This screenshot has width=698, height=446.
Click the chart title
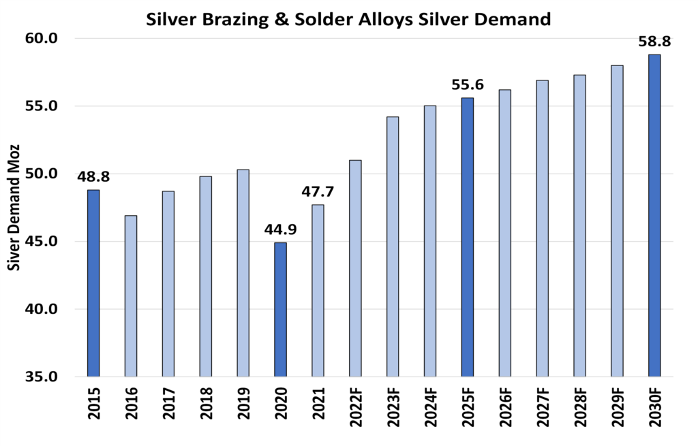coord(348,20)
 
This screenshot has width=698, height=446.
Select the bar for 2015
coord(93,283)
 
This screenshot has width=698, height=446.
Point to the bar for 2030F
coord(654,215)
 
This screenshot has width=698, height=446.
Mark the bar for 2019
coord(243,272)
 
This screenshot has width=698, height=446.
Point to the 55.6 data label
coord(468,86)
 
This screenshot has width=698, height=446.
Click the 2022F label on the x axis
coord(355,406)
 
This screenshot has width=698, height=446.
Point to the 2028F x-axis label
coord(580,406)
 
